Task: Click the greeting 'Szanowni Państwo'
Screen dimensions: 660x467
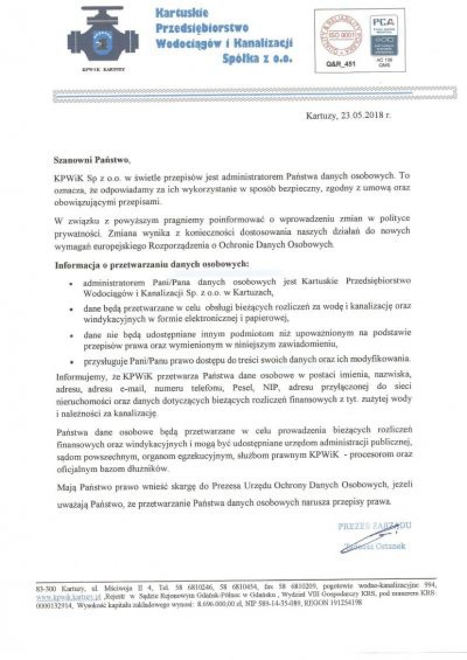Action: click(x=89, y=159)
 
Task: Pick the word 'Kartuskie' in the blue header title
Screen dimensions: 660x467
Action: click(x=182, y=12)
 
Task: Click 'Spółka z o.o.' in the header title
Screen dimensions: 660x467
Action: click(x=257, y=58)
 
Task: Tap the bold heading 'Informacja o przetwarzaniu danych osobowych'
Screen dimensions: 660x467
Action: click(x=152, y=264)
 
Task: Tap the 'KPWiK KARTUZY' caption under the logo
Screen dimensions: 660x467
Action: click(x=103, y=68)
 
